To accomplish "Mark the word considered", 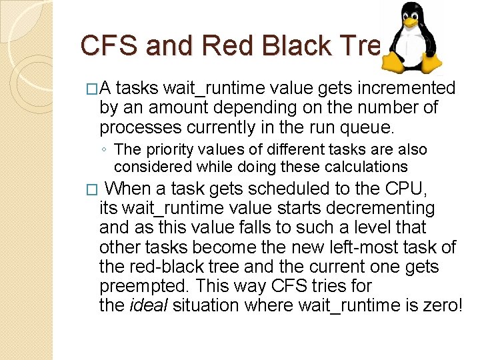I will coord(149,167).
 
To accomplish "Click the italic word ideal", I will coord(147,305).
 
